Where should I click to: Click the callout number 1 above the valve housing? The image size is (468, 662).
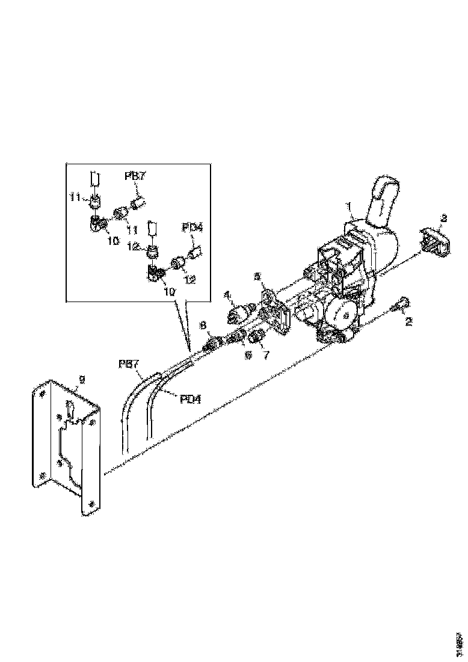pyautogui.click(x=348, y=206)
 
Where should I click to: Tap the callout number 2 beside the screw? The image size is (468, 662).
pyautogui.click(x=409, y=321)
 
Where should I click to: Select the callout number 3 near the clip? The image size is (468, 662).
pyautogui.click(x=444, y=218)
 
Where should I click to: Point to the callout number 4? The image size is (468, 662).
pyautogui.click(x=228, y=295)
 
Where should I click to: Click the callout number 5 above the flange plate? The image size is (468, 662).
pyautogui.click(x=257, y=277)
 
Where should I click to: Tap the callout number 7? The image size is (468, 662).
pyautogui.click(x=266, y=355)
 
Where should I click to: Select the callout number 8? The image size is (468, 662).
pyautogui.click(x=203, y=326)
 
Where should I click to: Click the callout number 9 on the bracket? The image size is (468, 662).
pyautogui.click(x=82, y=379)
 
